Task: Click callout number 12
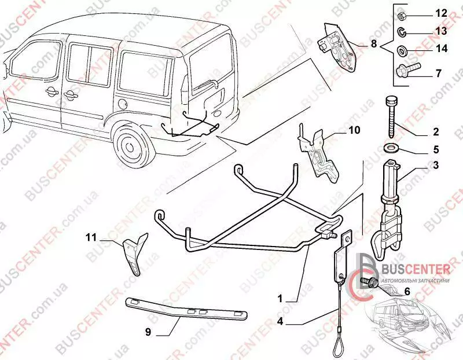coord(440,13)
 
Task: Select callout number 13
coord(440,31)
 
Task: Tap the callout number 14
coord(440,49)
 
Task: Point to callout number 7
coord(438,74)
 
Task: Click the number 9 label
coord(148,332)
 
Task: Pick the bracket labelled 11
coord(132,255)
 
